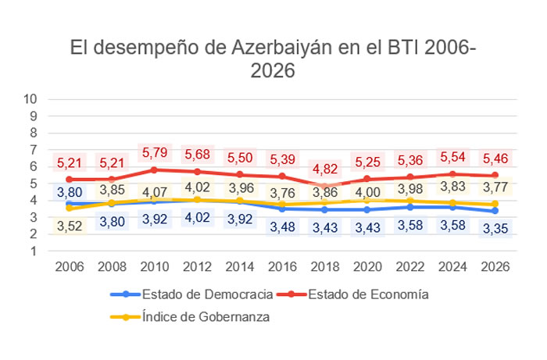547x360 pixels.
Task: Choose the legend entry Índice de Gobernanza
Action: click(207, 316)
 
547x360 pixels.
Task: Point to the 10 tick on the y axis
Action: click(31, 99)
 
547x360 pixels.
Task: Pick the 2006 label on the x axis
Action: click(70, 266)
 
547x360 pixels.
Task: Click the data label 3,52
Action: click(70, 226)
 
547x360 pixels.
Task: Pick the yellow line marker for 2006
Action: click(70, 209)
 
